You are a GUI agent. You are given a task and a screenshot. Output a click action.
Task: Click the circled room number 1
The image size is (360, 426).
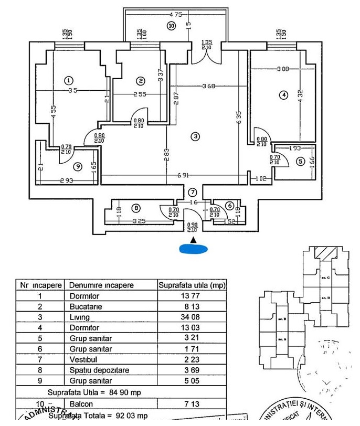[x=68, y=80]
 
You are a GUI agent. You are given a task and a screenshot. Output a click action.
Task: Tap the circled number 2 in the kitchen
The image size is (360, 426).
[x=141, y=81]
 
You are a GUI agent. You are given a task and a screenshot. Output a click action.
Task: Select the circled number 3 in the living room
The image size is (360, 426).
[x=195, y=136]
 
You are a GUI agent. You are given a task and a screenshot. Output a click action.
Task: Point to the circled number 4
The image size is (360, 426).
[x=283, y=95]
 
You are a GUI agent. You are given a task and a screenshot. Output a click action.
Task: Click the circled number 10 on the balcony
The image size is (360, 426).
[x=171, y=25]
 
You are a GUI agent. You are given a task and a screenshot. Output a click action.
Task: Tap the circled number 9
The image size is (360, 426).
[x=78, y=166]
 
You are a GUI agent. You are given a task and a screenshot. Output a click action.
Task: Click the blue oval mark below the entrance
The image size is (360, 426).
[x=194, y=249]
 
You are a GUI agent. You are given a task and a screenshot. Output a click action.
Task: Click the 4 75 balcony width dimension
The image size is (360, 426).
[x=175, y=15]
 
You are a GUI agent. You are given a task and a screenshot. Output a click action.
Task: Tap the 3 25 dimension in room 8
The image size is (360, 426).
[x=139, y=221]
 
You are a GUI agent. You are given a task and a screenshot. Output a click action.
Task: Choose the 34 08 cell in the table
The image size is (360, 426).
[x=192, y=317]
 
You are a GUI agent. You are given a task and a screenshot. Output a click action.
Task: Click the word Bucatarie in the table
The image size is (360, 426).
[x=87, y=307]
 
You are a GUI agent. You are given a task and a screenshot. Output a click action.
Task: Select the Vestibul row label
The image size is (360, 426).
[x=83, y=359]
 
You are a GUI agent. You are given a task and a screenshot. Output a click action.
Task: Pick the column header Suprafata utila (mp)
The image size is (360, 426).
[x=192, y=285]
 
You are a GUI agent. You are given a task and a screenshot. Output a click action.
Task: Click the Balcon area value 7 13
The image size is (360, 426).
[x=192, y=404]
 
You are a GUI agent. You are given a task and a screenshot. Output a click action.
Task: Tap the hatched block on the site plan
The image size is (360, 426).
[x=326, y=253]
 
